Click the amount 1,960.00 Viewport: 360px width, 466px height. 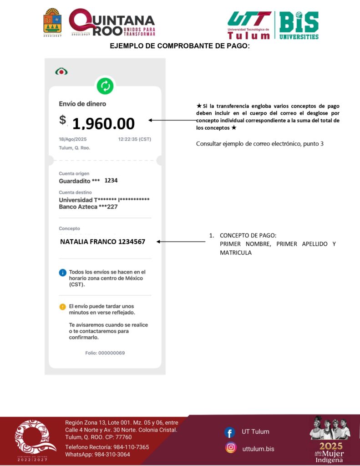click(x=103, y=123)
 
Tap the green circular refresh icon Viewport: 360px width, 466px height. click(x=105, y=86)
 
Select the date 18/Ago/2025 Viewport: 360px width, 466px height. click(x=72, y=139)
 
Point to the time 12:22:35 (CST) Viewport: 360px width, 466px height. click(x=135, y=139)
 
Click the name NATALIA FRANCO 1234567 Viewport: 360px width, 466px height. click(x=102, y=242)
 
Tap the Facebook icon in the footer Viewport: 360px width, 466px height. click(x=230, y=432)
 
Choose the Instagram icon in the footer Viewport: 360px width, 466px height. click(x=231, y=448)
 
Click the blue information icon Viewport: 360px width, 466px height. click(x=63, y=273)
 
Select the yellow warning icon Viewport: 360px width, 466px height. click(x=63, y=307)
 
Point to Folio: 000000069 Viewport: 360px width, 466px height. click(x=105, y=353)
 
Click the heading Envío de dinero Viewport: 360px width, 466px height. click(x=82, y=104)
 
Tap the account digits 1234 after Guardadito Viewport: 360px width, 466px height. click(x=111, y=180)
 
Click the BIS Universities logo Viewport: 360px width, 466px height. click(x=299, y=25)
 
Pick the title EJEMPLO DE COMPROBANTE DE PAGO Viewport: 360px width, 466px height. click(x=180, y=46)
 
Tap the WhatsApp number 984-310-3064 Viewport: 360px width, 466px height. click(x=97, y=455)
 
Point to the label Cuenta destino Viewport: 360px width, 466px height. click(x=75, y=192)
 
